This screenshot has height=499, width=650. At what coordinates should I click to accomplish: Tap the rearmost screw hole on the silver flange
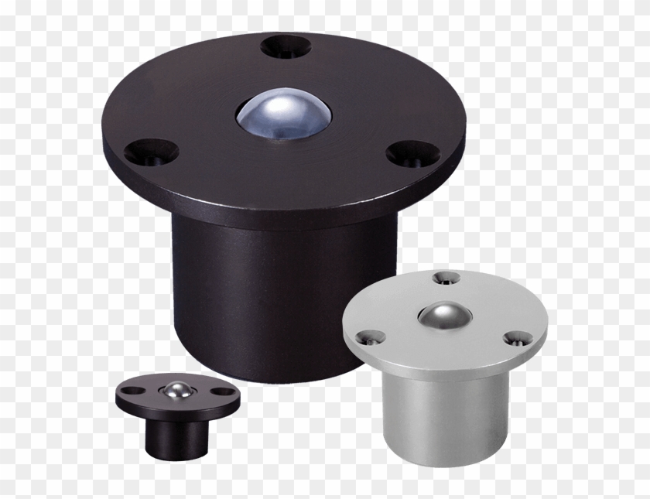point(445,276)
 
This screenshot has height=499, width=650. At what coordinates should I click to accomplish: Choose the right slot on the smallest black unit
point(224,392)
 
